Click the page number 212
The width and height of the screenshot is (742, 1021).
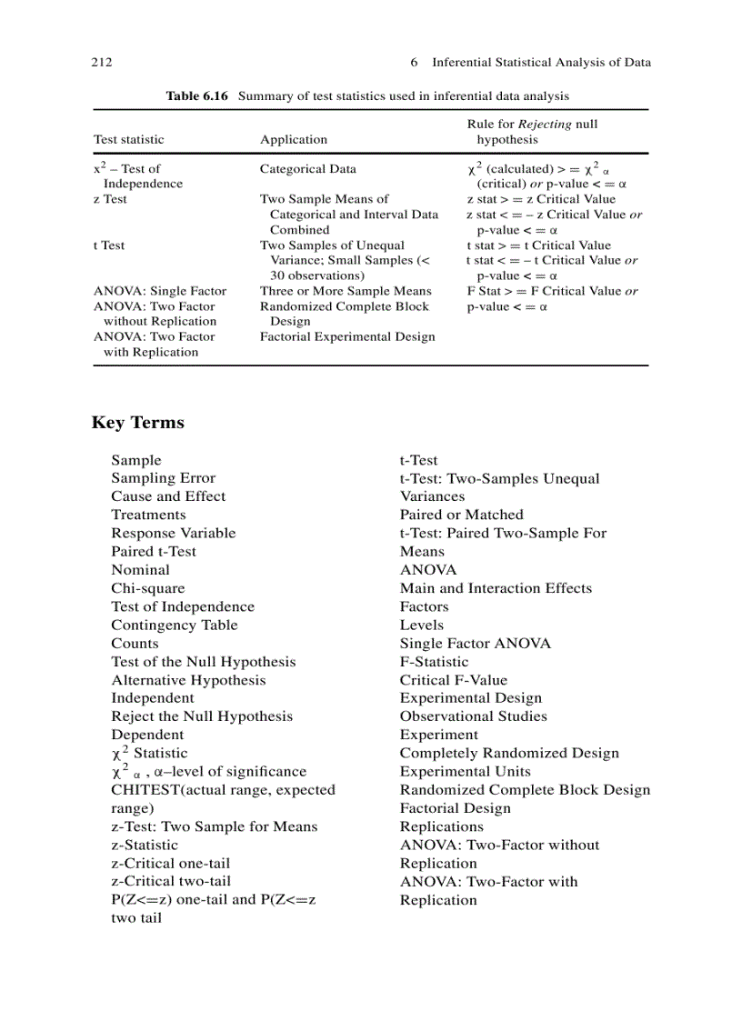pyautogui.click(x=102, y=63)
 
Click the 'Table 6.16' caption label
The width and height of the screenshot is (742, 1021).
pyautogui.click(x=196, y=95)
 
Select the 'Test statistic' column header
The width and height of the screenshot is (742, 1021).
pyautogui.click(x=129, y=140)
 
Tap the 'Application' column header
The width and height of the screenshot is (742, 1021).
pyautogui.click(x=294, y=140)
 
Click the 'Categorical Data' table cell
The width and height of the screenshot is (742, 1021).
pyautogui.click(x=308, y=169)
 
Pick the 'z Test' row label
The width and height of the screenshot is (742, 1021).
pyautogui.click(x=110, y=199)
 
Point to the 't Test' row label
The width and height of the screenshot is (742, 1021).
pyautogui.click(x=109, y=245)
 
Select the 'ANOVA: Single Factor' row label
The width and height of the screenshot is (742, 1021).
pyautogui.click(x=160, y=291)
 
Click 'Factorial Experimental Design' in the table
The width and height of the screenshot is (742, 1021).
pyautogui.click(x=347, y=337)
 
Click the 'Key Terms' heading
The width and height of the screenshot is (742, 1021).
pyautogui.click(x=138, y=423)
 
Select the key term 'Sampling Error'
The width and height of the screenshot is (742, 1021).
pyautogui.click(x=164, y=478)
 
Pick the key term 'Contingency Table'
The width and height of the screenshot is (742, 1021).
pyautogui.click(x=175, y=626)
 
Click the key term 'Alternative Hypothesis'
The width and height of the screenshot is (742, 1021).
pyautogui.click(x=189, y=680)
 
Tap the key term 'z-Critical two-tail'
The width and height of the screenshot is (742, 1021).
pyautogui.click(x=171, y=881)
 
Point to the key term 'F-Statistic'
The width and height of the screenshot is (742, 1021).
pyautogui.click(x=435, y=662)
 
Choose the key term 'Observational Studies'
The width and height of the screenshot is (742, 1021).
pyautogui.click(x=474, y=716)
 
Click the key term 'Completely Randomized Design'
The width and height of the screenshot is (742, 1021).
pyautogui.click(x=509, y=753)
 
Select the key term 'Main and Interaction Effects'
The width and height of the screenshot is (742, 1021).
pyautogui.click(x=496, y=588)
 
